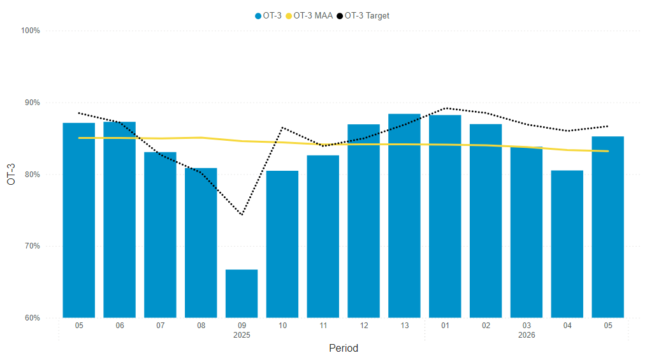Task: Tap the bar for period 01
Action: tap(445, 216)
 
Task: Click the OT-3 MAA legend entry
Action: tap(312, 15)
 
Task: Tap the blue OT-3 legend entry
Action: tap(268, 15)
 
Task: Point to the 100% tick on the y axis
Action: tap(31, 31)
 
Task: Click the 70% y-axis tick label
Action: tap(32, 246)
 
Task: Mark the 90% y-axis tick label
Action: tap(32, 103)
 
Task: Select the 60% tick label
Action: tap(32, 318)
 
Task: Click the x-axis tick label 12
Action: tap(364, 326)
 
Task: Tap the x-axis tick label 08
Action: tap(201, 326)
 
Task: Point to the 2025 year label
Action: tap(242, 335)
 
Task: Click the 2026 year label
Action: tap(527, 335)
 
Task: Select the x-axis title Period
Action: tap(343, 349)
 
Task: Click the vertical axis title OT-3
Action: tap(11, 174)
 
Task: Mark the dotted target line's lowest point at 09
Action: tap(242, 215)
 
